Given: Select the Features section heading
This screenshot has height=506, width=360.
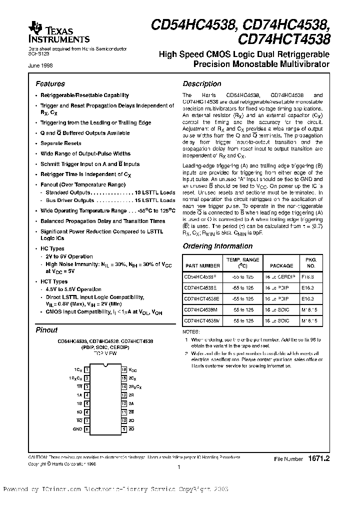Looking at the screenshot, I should pos(50,84).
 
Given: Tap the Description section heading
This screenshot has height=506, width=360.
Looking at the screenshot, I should pos(201,84).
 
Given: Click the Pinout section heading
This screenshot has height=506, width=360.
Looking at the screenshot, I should pos(46,330).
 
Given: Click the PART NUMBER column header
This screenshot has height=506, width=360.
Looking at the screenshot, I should pos(202,266).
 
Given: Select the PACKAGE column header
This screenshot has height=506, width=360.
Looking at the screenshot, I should pos(278,266).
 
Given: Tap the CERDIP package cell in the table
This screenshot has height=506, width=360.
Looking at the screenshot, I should pos(278,276).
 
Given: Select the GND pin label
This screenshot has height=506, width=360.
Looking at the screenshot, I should pos(77,429).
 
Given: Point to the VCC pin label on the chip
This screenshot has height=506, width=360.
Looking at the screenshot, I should pos(132,369).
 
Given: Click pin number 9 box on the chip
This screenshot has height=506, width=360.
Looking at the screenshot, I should pos(123,429).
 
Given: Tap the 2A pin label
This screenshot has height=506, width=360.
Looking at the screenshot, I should pos(131,403).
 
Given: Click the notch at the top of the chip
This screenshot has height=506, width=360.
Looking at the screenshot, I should pos(105,367).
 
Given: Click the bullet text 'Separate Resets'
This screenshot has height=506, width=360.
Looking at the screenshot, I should pos(60,143).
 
